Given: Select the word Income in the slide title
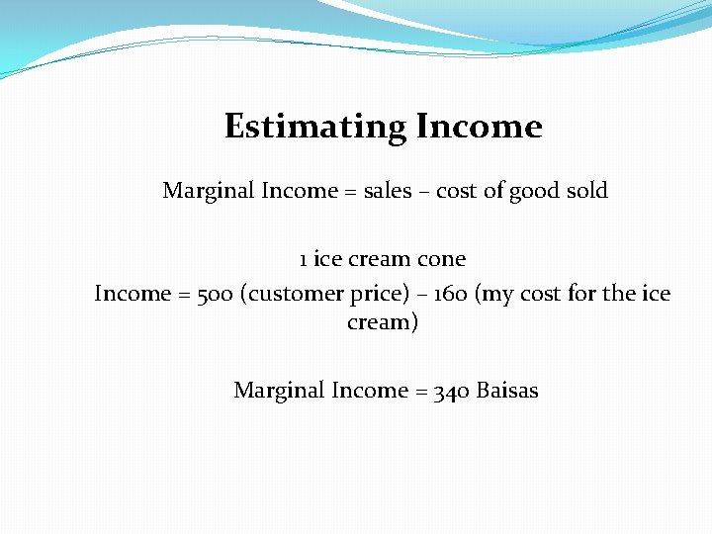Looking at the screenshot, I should pyautogui.click(x=479, y=127).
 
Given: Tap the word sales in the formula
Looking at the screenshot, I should pyautogui.click(x=388, y=191).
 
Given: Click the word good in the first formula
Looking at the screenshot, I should pyautogui.click(x=532, y=191).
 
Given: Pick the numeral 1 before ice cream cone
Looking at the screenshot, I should pyautogui.click(x=303, y=260).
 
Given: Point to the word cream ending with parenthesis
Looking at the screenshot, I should pyautogui.click(x=383, y=322).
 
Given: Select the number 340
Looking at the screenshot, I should pyautogui.click(x=451, y=391).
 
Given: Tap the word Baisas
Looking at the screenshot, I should pyautogui.click(x=507, y=391).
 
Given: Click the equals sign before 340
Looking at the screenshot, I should pyautogui.click(x=420, y=392).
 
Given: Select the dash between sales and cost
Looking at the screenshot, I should pyautogui.click(x=423, y=192).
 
